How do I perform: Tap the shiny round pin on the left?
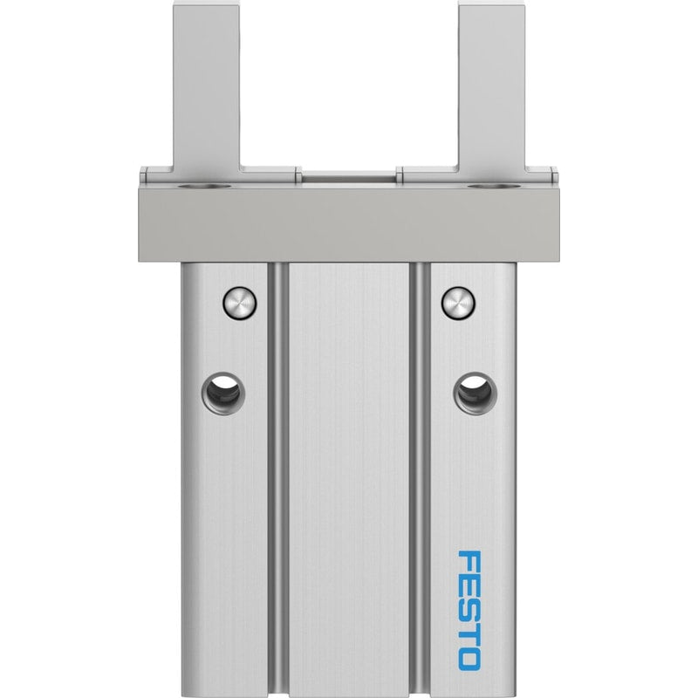(x=239, y=303)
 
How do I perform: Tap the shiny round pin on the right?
(x=458, y=303)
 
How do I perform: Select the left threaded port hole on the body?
(x=223, y=393)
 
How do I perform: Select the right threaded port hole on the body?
(x=475, y=393)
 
